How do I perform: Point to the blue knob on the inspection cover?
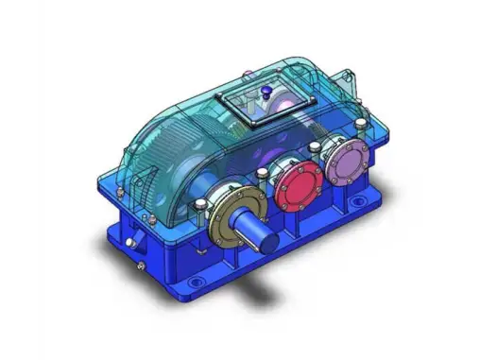[x=267, y=93]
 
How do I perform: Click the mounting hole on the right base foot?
[x=359, y=202]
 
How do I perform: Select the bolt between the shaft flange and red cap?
[x=260, y=173]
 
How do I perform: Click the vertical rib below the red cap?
[x=300, y=222]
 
